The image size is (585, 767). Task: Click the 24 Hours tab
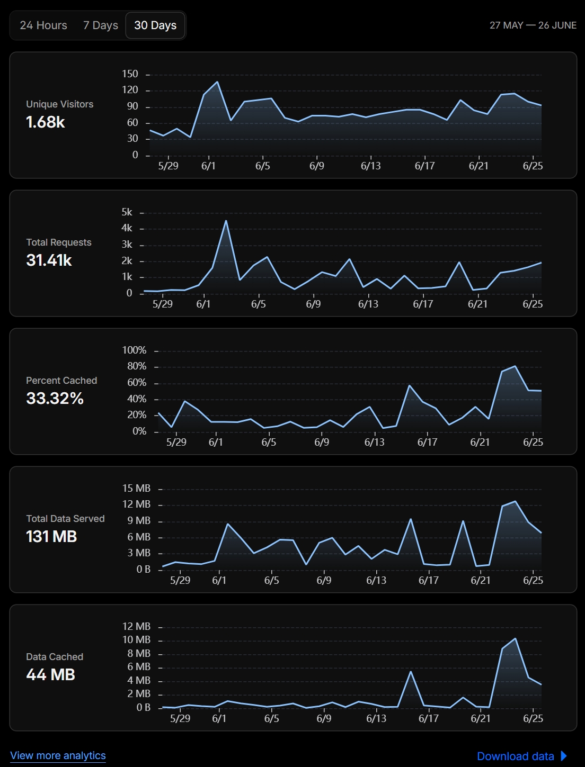click(x=43, y=25)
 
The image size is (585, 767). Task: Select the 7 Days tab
click(x=101, y=25)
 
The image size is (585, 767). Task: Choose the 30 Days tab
click(x=155, y=25)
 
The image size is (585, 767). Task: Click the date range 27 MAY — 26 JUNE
click(x=533, y=25)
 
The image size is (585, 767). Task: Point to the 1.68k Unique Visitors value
click(x=46, y=122)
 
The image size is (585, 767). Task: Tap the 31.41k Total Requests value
click(x=49, y=260)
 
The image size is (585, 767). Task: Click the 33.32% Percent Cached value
click(x=55, y=399)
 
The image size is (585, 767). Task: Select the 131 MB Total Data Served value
click(x=51, y=536)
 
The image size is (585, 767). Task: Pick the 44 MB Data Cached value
click(x=51, y=674)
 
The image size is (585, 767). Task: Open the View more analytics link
click(x=58, y=755)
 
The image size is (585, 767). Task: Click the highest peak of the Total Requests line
click(x=226, y=221)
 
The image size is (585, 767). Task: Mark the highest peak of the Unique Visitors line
click(x=217, y=82)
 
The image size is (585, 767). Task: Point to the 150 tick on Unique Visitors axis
click(x=130, y=74)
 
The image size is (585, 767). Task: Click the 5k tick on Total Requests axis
click(x=127, y=212)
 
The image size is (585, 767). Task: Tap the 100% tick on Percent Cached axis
click(x=134, y=350)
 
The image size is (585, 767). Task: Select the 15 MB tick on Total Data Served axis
click(x=136, y=488)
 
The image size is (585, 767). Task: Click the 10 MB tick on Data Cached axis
click(x=136, y=640)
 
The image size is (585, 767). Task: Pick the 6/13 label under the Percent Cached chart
click(x=374, y=443)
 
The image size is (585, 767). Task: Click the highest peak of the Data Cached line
click(x=515, y=639)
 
